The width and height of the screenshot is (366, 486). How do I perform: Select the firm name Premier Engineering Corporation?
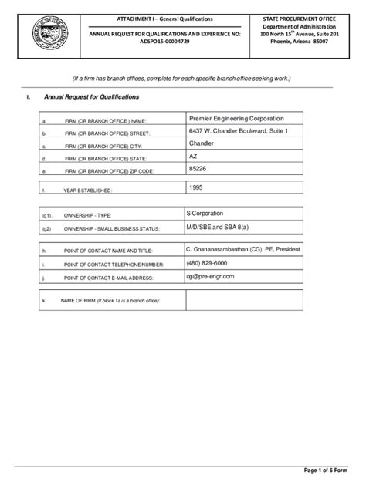point(236,119)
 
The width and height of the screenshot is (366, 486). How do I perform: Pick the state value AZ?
point(194,156)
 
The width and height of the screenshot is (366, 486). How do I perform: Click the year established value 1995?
point(197,187)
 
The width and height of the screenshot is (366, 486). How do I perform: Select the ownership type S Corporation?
point(215,212)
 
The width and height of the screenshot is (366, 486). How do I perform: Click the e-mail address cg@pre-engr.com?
point(216,275)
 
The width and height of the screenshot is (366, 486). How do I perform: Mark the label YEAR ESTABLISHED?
point(88,190)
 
